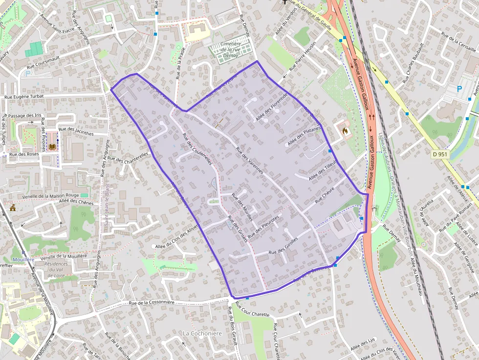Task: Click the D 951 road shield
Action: (x=440, y=154)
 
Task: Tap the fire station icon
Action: (x=345, y=131)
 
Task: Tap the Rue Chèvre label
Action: (x=325, y=194)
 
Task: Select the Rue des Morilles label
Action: (x=242, y=208)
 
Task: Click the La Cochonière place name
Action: (x=202, y=333)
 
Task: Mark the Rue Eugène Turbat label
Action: (x=24, y=97)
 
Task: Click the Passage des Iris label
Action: (x=25, y=115)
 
